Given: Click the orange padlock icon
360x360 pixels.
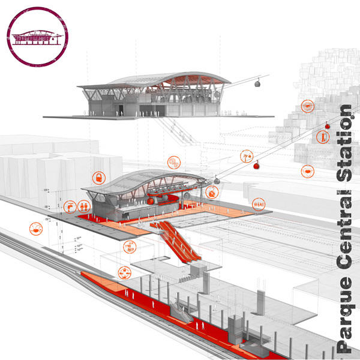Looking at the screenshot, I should pyautogui.click(x=98, y=178).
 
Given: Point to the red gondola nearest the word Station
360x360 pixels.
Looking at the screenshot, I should pyautogui.click(x=328, y=125).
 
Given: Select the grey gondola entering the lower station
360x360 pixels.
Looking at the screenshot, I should pyautogui.click(x=215, y=178).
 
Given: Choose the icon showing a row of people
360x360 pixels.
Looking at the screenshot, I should pyautogui.click(x=258, y=204).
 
